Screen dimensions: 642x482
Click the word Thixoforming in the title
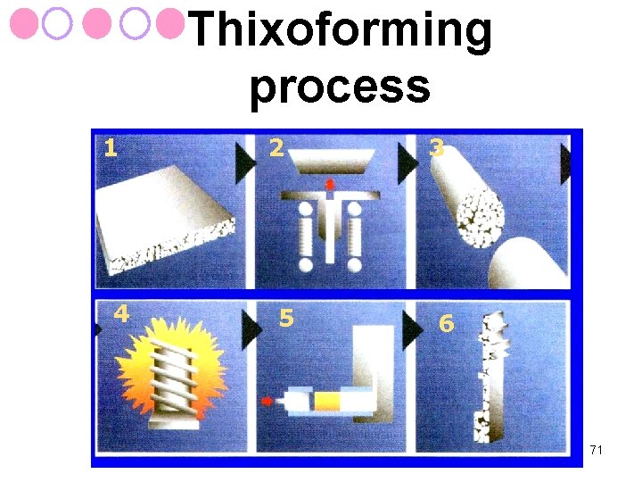click(x=341, y=29)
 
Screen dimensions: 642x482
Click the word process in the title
click(x=341, y=87)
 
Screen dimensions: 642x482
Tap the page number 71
click(x=597, y=450)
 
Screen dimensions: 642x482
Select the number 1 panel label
click(x=111, y=148)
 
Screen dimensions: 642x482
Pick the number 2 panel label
click(x=276, y=148)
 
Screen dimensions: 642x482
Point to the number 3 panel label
click(x=436, y=148)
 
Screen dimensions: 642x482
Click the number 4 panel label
click(x=121, y=313)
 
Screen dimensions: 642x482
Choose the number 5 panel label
click(x=286, y=318)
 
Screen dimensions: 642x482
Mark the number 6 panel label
click(x=447, y=323)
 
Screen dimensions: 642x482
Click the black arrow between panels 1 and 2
click(x=245, y=163)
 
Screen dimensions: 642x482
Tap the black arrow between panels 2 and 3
click(x=407, y=163)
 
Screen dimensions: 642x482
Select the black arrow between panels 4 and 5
click(x=251, y=330)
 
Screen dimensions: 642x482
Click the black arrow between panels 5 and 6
click(x=412, y=330)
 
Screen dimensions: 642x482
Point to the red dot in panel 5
click(x=267, y=402)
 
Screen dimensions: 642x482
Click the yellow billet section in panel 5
click(x=327, y=401)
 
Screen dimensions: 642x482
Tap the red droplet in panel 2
click(x=330, y=185)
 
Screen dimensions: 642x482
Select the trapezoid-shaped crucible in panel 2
click(x=332, y=161)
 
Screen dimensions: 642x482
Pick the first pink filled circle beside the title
click(x=24, y=24)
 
